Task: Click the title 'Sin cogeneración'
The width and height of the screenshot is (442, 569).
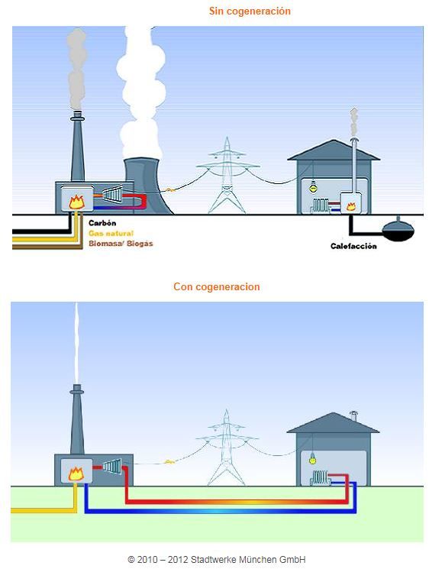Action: coord(250,11)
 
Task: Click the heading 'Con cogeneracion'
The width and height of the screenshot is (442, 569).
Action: coord(217,286)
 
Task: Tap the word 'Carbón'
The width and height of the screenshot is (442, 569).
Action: coord(102,223)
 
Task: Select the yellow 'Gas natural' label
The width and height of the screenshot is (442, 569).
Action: coord(111,234)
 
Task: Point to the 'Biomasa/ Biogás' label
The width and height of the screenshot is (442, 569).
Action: coord(121,244)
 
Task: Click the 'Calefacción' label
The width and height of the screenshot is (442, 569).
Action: coord(353,246)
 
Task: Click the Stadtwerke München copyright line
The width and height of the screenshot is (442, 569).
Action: coord(217,559)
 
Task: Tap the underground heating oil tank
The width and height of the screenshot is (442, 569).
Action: coord(398,229)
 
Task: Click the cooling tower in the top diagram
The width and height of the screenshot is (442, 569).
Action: coord(147,186)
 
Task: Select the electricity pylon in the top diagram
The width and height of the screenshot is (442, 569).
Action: coord(227,176)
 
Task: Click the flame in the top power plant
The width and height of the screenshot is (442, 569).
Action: coord(77,202)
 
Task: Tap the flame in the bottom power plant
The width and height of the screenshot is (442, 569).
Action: coord(76,474)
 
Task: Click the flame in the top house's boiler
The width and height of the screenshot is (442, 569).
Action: coord(351,206)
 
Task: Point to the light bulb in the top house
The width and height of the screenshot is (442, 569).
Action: coord(313,189)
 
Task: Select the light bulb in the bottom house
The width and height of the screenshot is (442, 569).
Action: coord(311,460)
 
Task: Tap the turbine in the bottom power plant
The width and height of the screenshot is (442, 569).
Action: coord(112,466)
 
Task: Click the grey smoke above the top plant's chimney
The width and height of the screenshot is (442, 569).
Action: coord(77,69)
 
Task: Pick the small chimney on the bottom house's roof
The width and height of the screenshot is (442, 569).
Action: coord(353,415)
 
